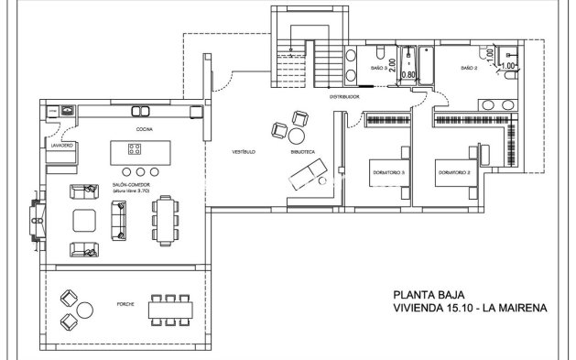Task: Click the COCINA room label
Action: (x=145, y=130)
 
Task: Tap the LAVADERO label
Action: (x=61, y=146)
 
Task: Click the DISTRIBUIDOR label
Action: (x=344, y=95)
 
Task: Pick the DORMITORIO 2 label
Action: (x=454, y=172)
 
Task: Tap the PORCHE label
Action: (x=126, y=303)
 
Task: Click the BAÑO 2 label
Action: (x=469, y=68)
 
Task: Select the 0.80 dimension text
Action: (x=410, y=74)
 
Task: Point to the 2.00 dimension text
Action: (x=393, y=65)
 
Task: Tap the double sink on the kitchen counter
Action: (x=141, y=111)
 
